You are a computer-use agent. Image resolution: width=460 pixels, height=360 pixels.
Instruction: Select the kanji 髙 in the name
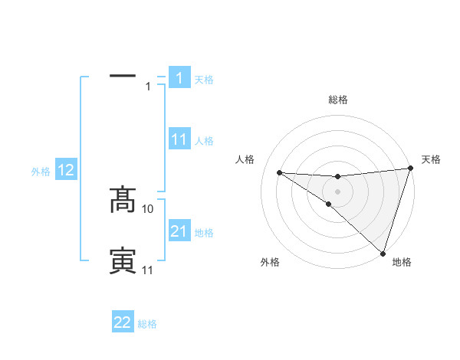tap(123, 200)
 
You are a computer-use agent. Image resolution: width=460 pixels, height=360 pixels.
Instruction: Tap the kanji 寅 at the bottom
tap(123, 261)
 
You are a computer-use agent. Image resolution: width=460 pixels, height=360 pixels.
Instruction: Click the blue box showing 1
tap(179, 78)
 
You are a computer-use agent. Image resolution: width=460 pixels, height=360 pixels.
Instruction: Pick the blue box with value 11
tap(179, 139)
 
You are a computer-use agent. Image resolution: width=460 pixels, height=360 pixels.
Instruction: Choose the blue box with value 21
tap(179, 231)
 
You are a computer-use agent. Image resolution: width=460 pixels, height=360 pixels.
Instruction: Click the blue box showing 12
tap(66, 171)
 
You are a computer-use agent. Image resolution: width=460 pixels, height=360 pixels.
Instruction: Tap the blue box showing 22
tap(123, 322)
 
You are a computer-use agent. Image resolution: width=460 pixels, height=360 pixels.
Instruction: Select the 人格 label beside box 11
tap(204, 141)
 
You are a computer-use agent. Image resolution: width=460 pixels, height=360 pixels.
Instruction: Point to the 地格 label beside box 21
tap(204, 233)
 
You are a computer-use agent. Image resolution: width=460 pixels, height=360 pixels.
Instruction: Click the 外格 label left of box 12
tap(41, 172)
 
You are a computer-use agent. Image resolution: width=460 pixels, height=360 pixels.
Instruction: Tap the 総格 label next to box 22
tap(147, 324)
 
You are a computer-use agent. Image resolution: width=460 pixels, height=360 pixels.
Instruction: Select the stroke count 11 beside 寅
tap(148, 270)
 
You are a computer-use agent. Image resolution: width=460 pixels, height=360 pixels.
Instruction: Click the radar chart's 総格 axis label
tap(337, 100)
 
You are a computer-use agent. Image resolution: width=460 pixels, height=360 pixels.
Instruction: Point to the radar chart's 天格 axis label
tap(431, 159)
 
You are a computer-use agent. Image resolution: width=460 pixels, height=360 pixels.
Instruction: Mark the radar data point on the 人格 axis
tap(279, 172)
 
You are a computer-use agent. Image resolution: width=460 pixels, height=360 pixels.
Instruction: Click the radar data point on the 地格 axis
tap(383, 253)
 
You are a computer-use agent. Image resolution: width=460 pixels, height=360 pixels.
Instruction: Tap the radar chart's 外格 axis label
tap(270, 262)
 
